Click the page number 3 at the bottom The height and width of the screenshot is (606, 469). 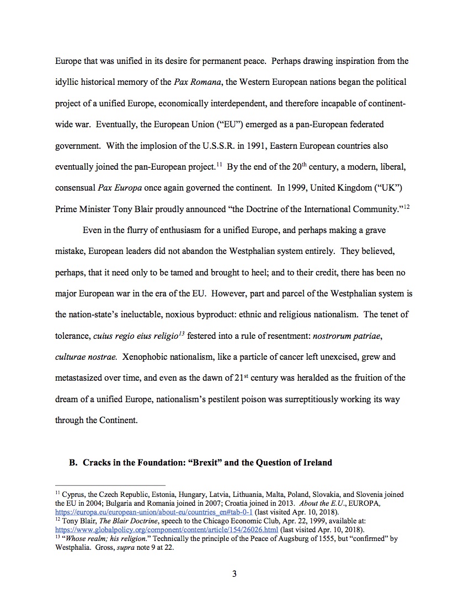(x=234, y=574)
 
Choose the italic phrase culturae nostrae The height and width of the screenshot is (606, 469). (x=86, y=357)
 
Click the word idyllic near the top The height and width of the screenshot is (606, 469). (x=69, y=82)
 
